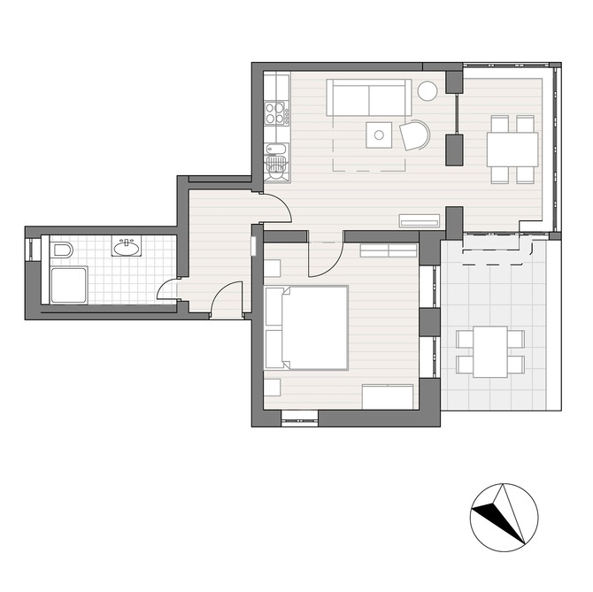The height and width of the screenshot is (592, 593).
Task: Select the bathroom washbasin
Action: (x=127, y=248)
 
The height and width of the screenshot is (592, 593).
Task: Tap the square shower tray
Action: (x=67, y=285)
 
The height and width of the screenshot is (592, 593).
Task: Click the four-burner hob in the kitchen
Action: (x=276, y=112)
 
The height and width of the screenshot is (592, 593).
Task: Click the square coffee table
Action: (x=379, y=135)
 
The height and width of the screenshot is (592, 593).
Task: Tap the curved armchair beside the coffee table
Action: (x=415, y=135)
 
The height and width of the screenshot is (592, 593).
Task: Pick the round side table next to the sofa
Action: (x=427, y=90)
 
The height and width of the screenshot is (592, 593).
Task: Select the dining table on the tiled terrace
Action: (x=489, y=351)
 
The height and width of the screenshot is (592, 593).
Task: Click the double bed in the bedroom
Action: (x=306, y=327)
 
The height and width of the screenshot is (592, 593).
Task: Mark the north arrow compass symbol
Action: (x=504, y=517)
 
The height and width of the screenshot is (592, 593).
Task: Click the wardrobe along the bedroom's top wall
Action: (x=387, y=250)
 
